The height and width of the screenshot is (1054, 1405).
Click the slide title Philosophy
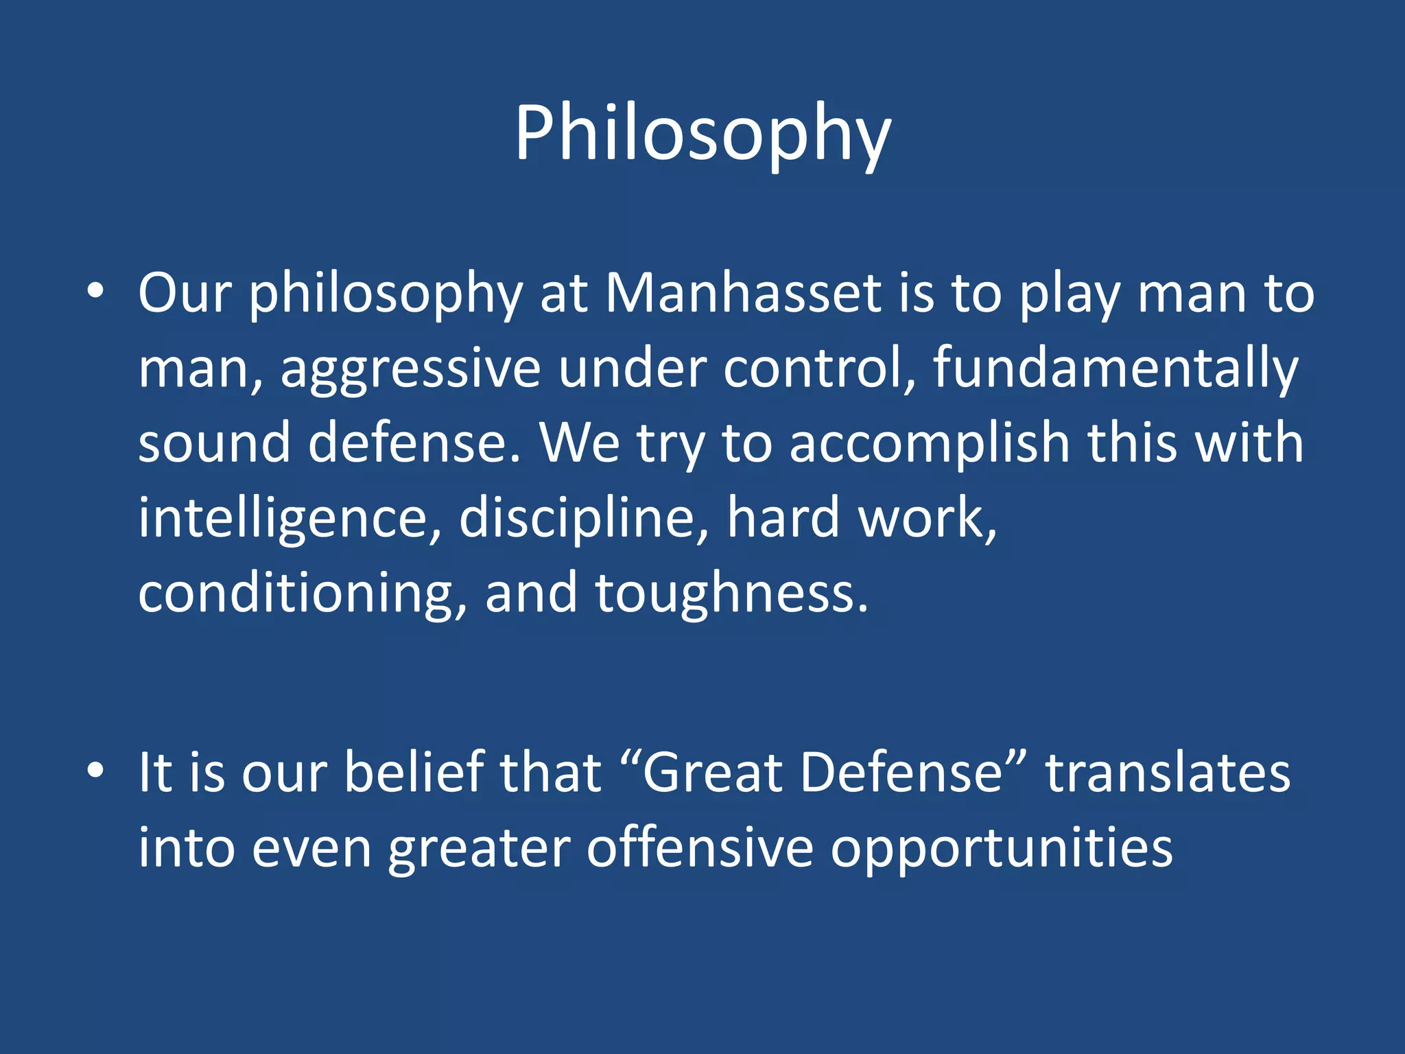(702, 134)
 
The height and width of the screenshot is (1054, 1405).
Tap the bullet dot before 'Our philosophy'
(95, 292)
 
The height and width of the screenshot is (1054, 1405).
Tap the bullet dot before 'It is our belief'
(95, 771)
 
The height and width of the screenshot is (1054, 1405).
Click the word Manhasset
(742, 294)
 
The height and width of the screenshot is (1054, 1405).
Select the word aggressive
(410, 369)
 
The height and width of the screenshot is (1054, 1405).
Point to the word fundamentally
(1115, 369)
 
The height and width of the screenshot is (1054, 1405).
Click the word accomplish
(930, 444)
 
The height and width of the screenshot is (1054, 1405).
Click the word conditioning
(302, 594)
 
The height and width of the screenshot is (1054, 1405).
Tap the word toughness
(731, 594)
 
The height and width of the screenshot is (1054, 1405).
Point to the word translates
(1168, 773)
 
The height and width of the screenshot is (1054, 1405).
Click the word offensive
(700, 848)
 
